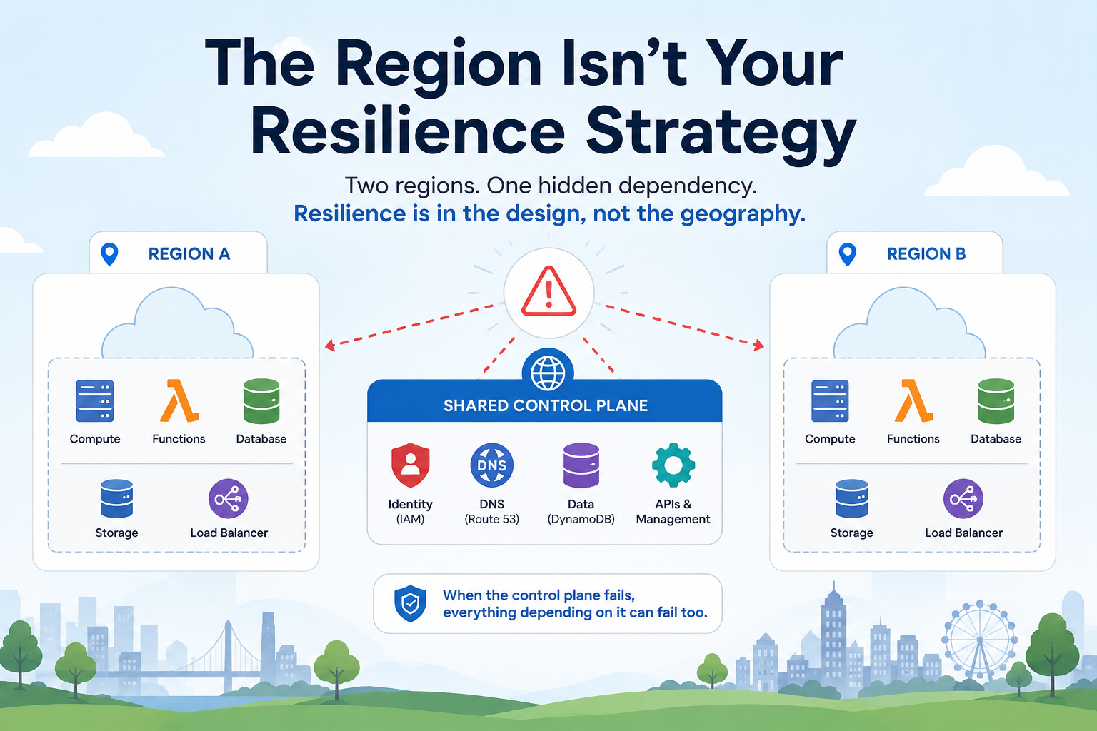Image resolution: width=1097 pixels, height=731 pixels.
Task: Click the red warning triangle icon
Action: pyautogui.click(x=548, y=292)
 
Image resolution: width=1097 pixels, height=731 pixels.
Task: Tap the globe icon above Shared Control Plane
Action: pyautogui.click(x=548, y=372)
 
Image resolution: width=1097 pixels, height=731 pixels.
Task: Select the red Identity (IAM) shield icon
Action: pyautogui.click(x=411, y=465)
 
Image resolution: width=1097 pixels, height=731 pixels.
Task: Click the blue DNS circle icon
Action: pyautogui.click(x=491, y=465)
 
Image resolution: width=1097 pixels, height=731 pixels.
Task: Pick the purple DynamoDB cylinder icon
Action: pyautogui.click(x=581, y=465)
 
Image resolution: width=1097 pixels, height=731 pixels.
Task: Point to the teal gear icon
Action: pyautogui.click(x=673, y=465)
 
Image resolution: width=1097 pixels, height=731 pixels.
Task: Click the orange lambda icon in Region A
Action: pyautogui.click(x=179, y=400)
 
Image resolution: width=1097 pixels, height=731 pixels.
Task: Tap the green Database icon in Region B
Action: pyautogui.click(x=996, y=401)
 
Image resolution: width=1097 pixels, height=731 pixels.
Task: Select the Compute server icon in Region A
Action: pyautogui.click(x=94, y=401)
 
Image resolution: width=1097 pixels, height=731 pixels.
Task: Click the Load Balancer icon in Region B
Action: pyautogui.click(x=963, y=498)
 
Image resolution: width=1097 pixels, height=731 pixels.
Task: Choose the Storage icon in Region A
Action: pyautogui.click(x=116, y=498)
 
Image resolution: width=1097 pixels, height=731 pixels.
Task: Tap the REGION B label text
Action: pyautogui.click(x=926, y=253)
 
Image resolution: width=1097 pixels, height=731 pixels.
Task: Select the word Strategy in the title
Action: pyautogui.click(x=721, y=135)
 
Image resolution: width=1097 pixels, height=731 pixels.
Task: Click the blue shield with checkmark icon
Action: pyautogui.click(x=411, y=603)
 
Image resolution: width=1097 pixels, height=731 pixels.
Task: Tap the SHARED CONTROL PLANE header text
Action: pyautogui.click(x=546, y=405)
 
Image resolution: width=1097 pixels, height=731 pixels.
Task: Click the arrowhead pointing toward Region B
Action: pyautogui.click(x=758, y=346)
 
